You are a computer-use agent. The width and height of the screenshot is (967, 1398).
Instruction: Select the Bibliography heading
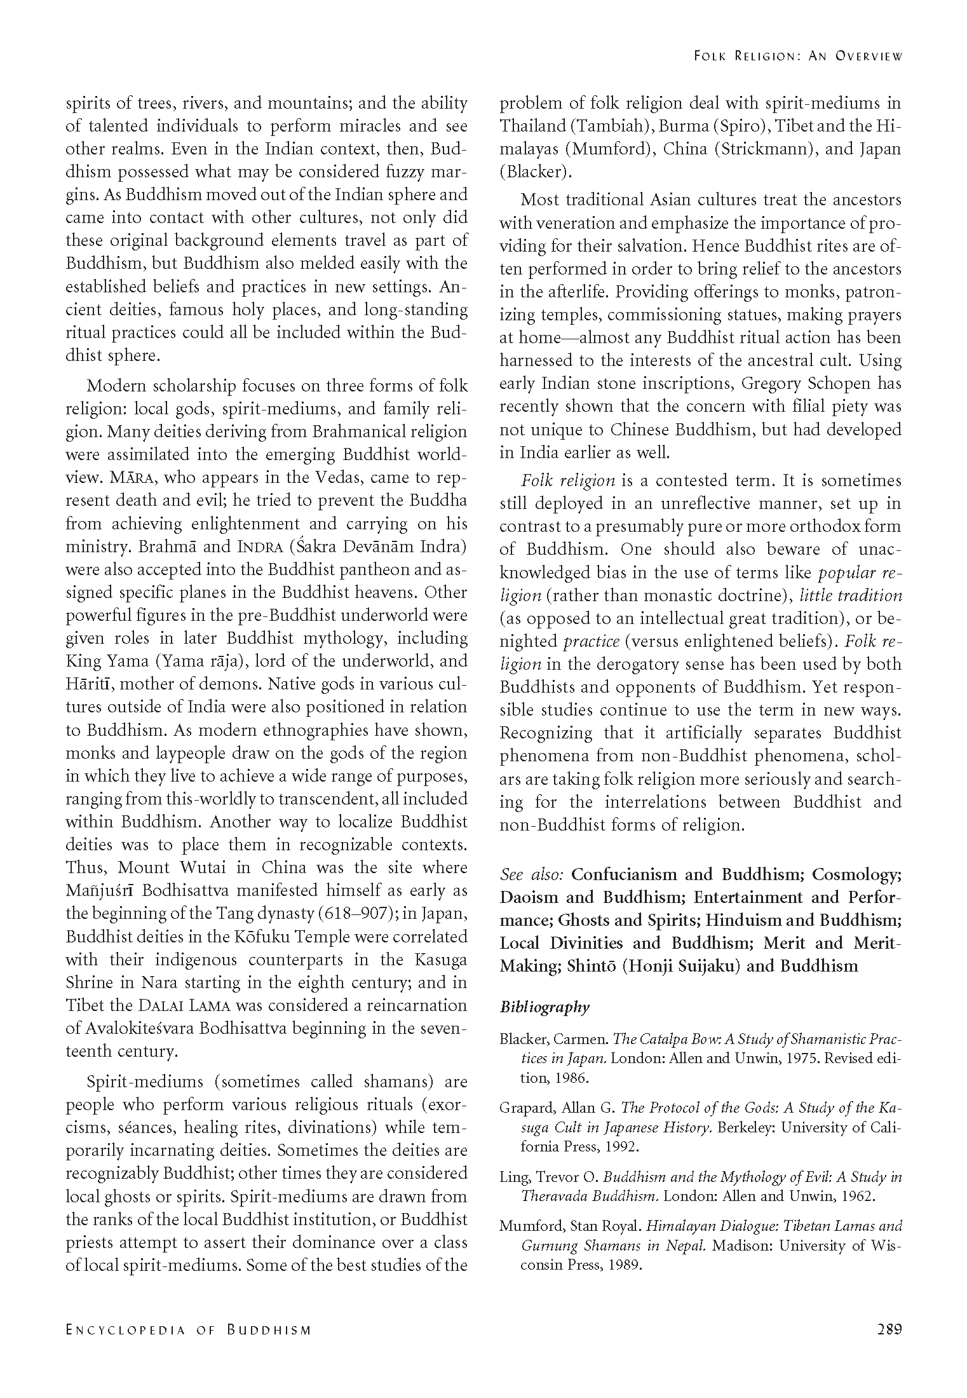pyautogui.click(x=544, y=1007)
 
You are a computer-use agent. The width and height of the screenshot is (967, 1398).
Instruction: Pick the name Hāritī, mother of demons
pyautogui.click(x=88, y=684)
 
